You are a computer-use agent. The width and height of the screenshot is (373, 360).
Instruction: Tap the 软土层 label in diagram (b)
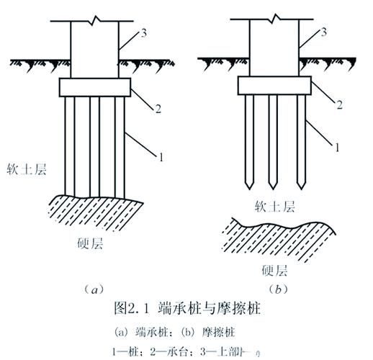click(274, 207)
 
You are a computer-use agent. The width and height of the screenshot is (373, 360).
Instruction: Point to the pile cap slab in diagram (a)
click(94, 87)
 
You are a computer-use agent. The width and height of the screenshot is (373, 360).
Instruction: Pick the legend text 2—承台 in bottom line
click(172, 351)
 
